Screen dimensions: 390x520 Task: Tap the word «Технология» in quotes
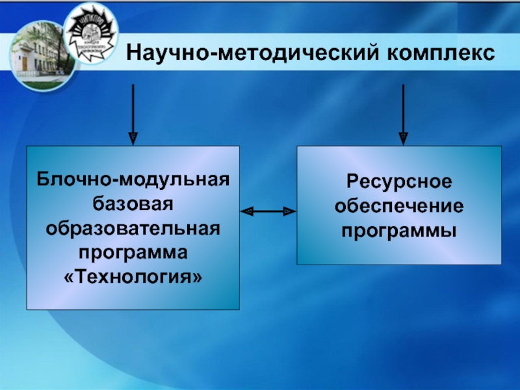point(133,278)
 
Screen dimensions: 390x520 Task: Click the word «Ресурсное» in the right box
point(399,180)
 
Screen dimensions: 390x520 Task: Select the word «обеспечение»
point(399,205)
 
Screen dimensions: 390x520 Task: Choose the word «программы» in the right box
point(399,229)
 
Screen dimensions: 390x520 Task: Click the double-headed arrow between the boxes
point(268,211)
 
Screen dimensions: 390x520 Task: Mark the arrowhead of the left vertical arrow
point(133,138)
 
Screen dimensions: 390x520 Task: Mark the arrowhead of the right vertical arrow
point(403,138)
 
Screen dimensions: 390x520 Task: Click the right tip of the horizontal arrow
point(292,211)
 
